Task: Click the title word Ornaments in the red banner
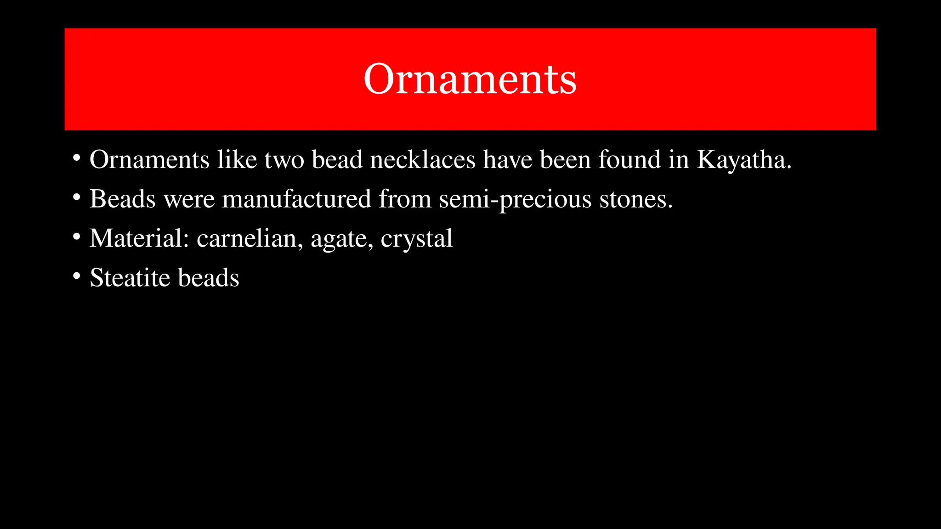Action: click(x=470, y=79)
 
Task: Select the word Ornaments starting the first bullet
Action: click(x=149, y=160)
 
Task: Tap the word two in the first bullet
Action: click(x=284, y=160)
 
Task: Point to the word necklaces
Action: click(x=423, y=160)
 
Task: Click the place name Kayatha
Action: click(x=744, y=160)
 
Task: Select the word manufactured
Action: click(x=296, y=199)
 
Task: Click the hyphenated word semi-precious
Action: click(x=515, y=199)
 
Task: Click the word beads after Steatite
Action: click(x=208, y=278)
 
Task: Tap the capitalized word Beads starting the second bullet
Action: click(x=122, y=199)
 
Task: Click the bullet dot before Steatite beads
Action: click(x=77, y=276)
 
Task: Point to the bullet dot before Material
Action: click(x=77, y=237)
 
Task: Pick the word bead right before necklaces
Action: click(x=337, y=160)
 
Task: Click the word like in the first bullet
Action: click(x=237, y=160)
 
